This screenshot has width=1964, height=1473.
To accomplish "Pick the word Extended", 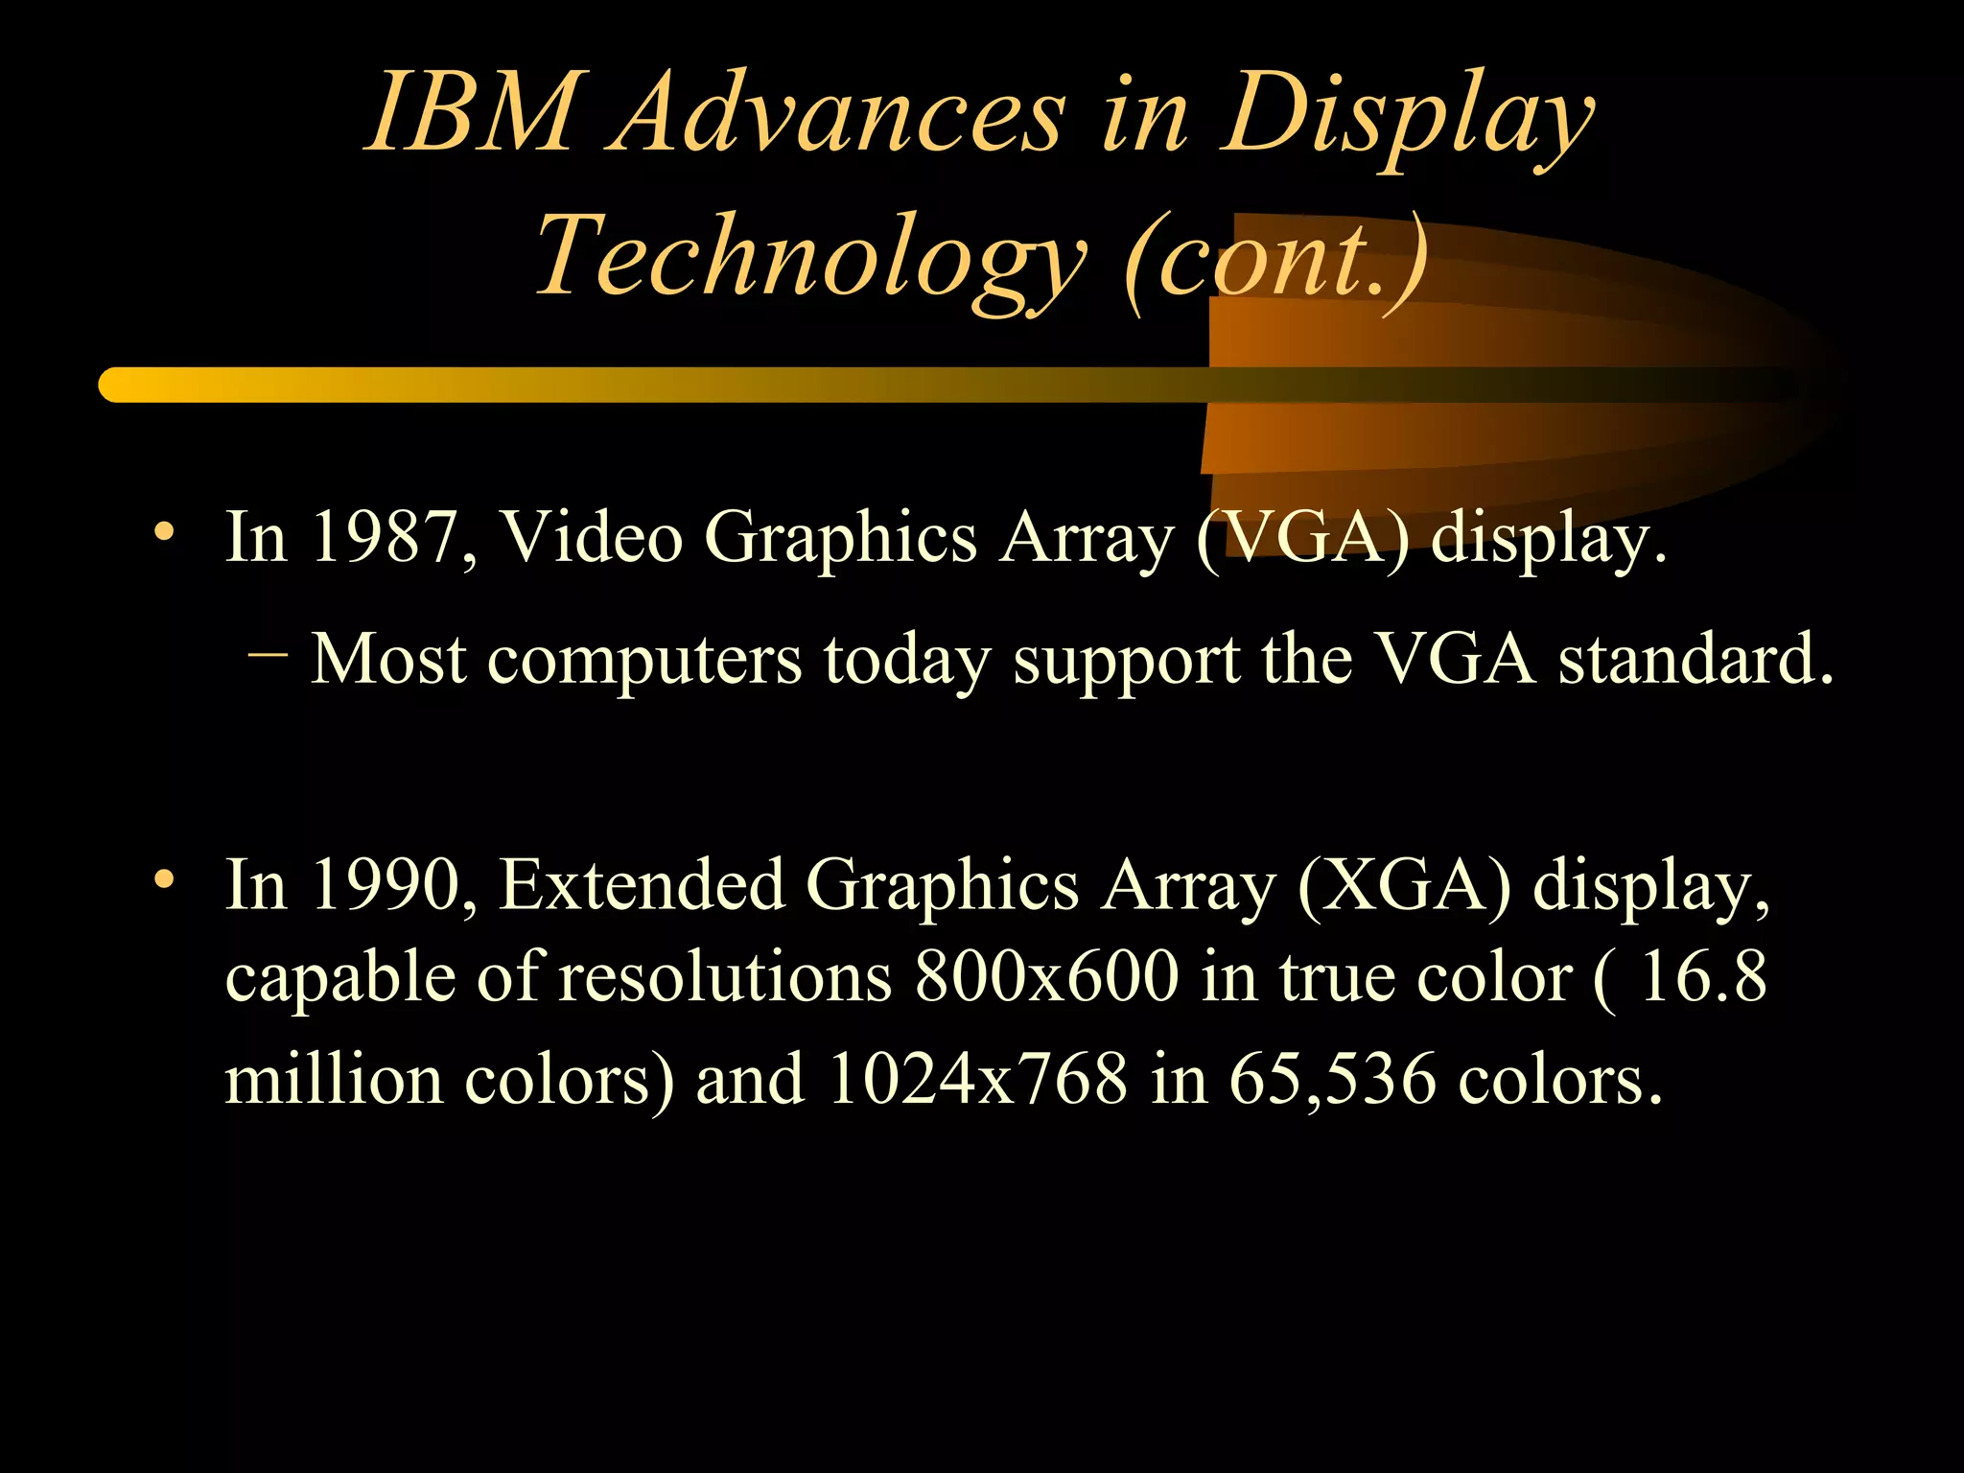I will (x=643, y=884).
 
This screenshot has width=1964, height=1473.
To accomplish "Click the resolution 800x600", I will (x=1046, y=978).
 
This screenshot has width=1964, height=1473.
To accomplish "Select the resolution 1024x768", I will (x=978, y=1080).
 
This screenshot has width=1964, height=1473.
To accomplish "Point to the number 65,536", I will (x=1333, y=1080).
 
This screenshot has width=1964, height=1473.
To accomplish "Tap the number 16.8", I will (x=1703, y=978).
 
